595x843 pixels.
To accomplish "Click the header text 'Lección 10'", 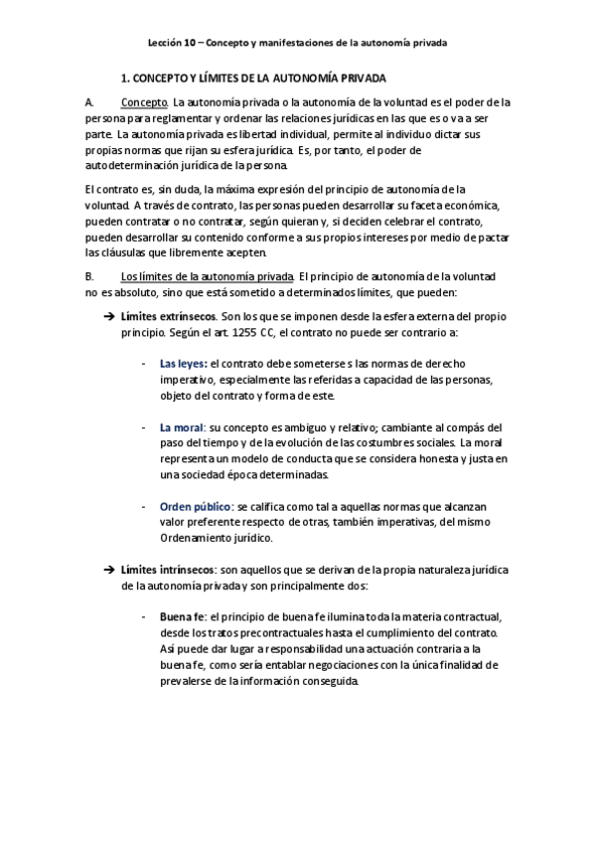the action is pos(170,44).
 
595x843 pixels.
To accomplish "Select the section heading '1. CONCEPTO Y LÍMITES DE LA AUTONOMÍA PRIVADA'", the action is pos(253,77).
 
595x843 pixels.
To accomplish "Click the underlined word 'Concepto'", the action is pos(144,101).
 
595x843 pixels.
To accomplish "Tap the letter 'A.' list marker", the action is pos(90,101).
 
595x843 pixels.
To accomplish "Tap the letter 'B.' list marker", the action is pos(90,275).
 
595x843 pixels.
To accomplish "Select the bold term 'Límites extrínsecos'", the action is pos(167,314).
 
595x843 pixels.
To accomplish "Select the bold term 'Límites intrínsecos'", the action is pos(167,570).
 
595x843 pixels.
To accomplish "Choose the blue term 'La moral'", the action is pos(182,427).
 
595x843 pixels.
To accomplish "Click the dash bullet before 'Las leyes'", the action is pos(145,365).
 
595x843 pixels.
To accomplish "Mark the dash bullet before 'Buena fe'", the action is pos(145,617).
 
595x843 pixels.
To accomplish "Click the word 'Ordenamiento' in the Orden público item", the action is pos(194,538).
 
